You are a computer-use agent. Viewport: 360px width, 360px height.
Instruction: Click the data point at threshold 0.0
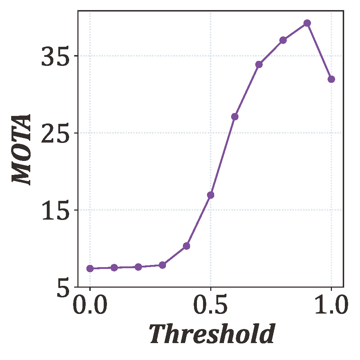click(90, 268)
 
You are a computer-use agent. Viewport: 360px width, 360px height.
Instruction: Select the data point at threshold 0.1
click(114, 267)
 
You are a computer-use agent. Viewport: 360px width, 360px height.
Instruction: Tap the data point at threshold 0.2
click(138, 267)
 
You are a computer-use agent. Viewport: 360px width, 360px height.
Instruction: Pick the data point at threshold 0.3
click(162, 265)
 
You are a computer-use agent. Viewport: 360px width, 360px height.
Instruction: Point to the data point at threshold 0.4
click(186, 246)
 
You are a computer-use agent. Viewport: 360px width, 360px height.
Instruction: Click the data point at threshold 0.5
click(211, 195)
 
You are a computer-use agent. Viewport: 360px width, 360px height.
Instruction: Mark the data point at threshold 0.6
click(235, 117)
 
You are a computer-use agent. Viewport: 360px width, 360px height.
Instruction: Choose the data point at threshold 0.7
click(259, 64)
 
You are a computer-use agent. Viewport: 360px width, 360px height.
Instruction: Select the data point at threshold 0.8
click(283, 40)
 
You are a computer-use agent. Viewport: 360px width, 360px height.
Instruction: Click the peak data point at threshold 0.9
click(307, 23)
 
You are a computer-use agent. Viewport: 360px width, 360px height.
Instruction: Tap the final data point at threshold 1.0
click(331, 79)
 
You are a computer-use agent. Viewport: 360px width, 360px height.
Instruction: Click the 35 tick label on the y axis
click(54, 57)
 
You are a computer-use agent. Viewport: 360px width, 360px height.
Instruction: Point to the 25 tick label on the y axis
click(54, 134)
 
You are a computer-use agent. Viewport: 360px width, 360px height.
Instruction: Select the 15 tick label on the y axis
click(54, 211)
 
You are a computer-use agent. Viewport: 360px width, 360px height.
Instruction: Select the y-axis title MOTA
click(22, 149)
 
